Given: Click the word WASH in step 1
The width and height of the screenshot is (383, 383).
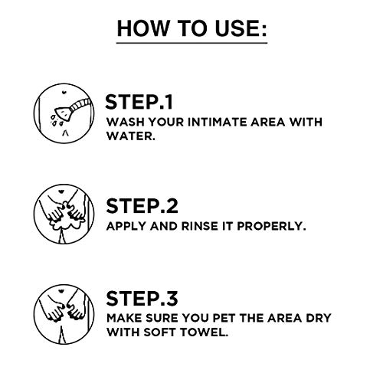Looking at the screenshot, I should [123, 123].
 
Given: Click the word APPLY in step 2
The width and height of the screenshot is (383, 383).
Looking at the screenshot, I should [125, 227].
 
